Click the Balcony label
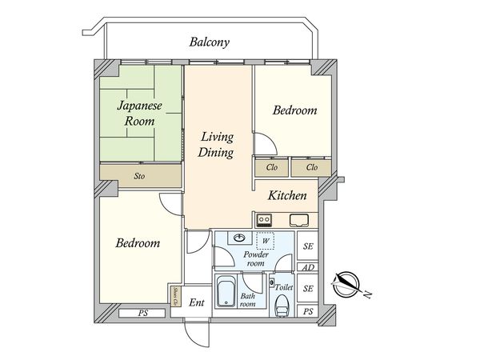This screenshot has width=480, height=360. tap(210, 42)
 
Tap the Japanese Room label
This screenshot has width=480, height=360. tap(139, 114)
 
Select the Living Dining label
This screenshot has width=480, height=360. tap(216, 145)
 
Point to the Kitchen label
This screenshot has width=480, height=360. tap(287, 195)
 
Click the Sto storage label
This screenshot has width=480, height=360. tap(139, 176)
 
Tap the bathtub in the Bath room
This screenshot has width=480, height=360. tap(226, 291)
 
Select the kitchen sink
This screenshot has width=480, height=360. tap(299, 220)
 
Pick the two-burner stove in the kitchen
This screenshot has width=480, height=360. tap(264, 220)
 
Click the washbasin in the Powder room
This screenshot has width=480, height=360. tap(239, 238)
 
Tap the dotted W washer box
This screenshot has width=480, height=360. tap(265, 241)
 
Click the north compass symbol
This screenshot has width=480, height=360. tap(346, 284)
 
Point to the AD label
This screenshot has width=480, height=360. tap(308, 267)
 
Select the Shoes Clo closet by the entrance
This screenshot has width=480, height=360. tap(176, 296)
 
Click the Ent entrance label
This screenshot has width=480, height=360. tap(197, 302)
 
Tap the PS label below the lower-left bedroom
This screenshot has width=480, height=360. tap(142, 313)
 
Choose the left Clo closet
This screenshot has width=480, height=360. tap(272, 167)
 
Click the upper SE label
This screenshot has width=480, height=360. tap(308, 246)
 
